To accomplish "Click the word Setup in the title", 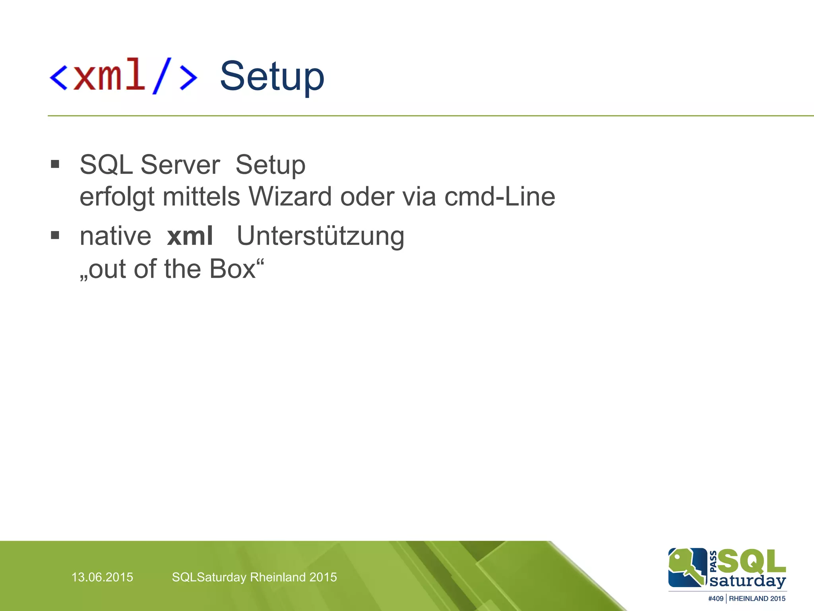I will (x=272, y=76).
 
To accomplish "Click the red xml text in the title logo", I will (x=109, y=75).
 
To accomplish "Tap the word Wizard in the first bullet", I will (x=290, y=197).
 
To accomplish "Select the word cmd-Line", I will (x=499, y=197).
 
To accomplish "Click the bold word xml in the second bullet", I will (x=190, y=236).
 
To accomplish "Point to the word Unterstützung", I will (x=320, y=237).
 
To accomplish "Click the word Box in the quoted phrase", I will (x=233, y=269).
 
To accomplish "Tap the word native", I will (x=115, y=237).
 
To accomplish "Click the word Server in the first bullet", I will (x=180, y=165).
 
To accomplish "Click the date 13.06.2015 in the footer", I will (x=102, y=577).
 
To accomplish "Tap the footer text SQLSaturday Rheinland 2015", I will (x=254, y=577).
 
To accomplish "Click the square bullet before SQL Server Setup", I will (x=55, y=164).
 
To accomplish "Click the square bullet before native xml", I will (x=55, y=235).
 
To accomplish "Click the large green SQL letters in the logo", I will (x=751, y=561).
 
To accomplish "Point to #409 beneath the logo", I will (x=715, y=599).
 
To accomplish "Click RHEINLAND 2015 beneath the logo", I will (x=757, y=599).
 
